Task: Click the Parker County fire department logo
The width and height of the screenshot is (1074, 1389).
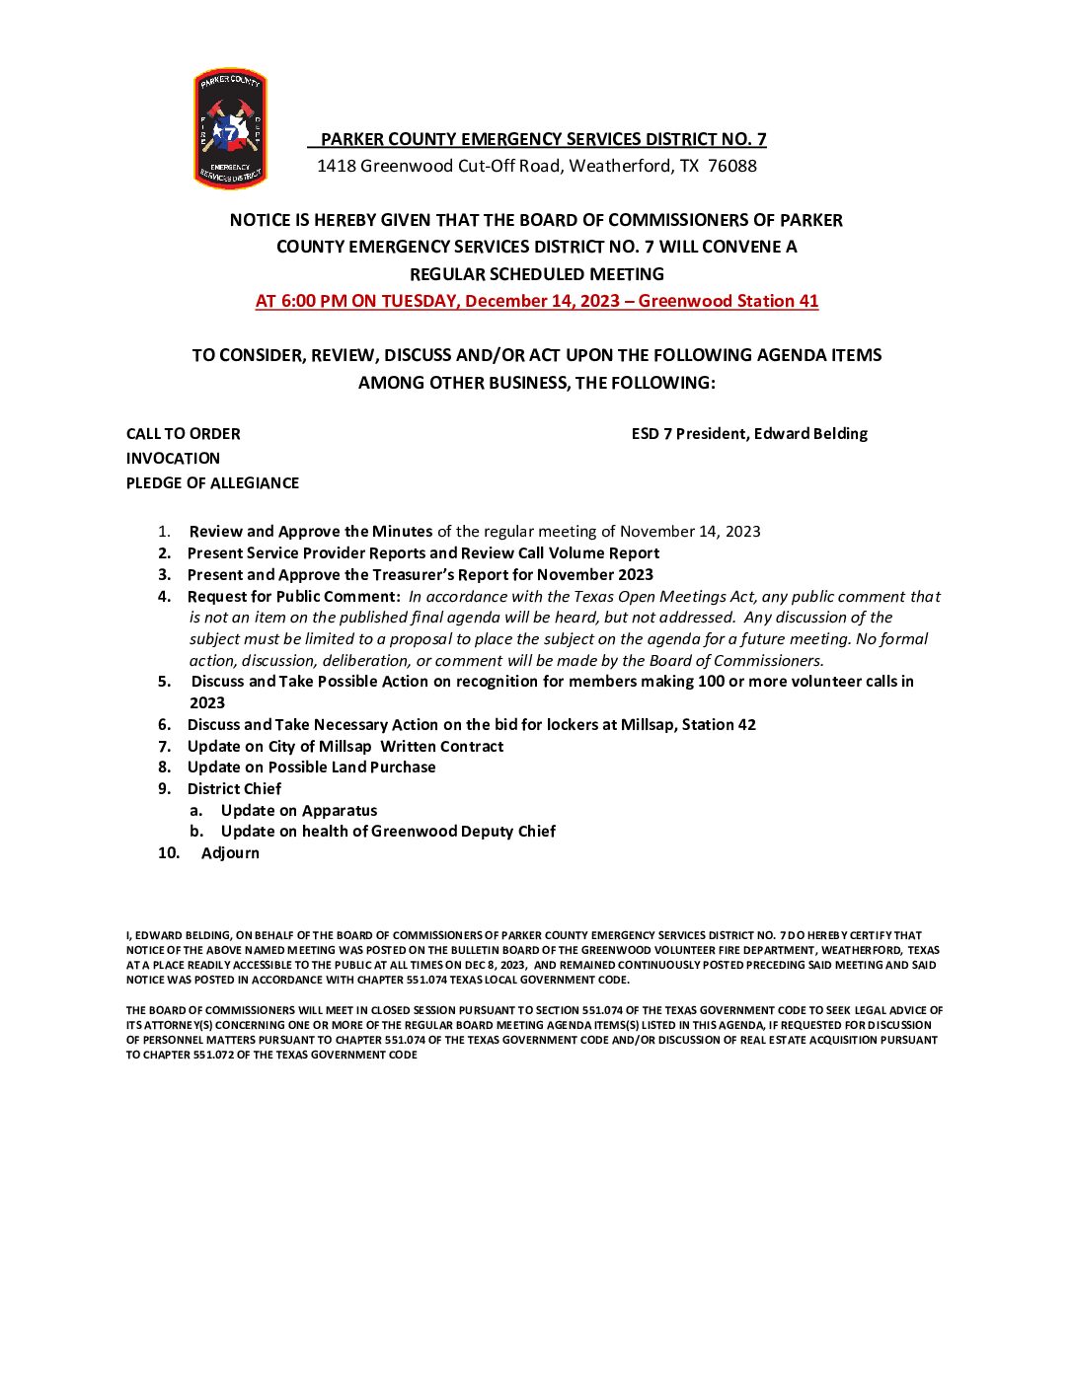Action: pos(230,128)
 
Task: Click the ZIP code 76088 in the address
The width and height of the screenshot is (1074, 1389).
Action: pos(732,166)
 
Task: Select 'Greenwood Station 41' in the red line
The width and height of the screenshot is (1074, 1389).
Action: pos(729,301)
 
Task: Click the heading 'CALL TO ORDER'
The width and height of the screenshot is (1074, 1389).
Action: pos(183,433)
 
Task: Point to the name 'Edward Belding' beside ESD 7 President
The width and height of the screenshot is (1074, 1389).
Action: pos(810,433)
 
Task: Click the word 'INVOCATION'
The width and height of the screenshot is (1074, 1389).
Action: pos(173,458)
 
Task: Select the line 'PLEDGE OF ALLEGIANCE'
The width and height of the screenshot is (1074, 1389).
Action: pos(212,482)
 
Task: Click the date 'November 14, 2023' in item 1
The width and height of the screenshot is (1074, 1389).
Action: pos(690,531)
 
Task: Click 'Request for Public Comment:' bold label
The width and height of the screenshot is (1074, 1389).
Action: pos(294,596)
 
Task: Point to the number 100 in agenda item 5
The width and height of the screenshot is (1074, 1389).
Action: pos(710,681)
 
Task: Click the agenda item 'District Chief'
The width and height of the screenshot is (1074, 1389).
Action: pos(234,788)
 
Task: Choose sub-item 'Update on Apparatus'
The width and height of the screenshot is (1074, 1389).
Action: pos(299,810)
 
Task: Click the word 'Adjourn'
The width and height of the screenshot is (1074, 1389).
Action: pos(230,852)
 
